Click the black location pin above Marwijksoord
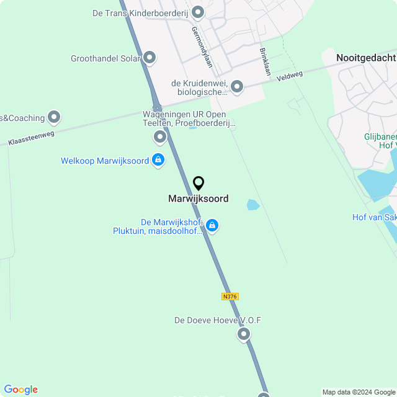pyautogui.click(x=198, y=184)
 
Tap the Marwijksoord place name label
pyautogui.click(x=198, y=199)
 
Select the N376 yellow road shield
pyautogui.click(x=230, y=297)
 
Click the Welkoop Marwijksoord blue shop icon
pyautogui.click(x=158, y=160)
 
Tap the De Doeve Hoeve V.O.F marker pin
pyautogui.click(x=244, y=334)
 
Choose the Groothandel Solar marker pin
pyautogui.click(x=149, y=58)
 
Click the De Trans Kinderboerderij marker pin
pyautogui.click(x=198, y=12)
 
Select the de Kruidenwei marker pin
pyautogui.click(x=236, y=86)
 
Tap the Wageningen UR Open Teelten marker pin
pyautogui.click(x=161, y=136)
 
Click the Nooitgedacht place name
pyautogui.click(x=365, y=58)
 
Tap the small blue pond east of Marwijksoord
pyautogui.click(x=253, y=205)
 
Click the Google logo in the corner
pyautogui.click(x=20, y=390)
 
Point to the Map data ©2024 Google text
pyautogui.click(x=359, y=392)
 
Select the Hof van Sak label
pyautogui.click(x=374, y=217)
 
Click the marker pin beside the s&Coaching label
pyautogui.click(x=54, y=117)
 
